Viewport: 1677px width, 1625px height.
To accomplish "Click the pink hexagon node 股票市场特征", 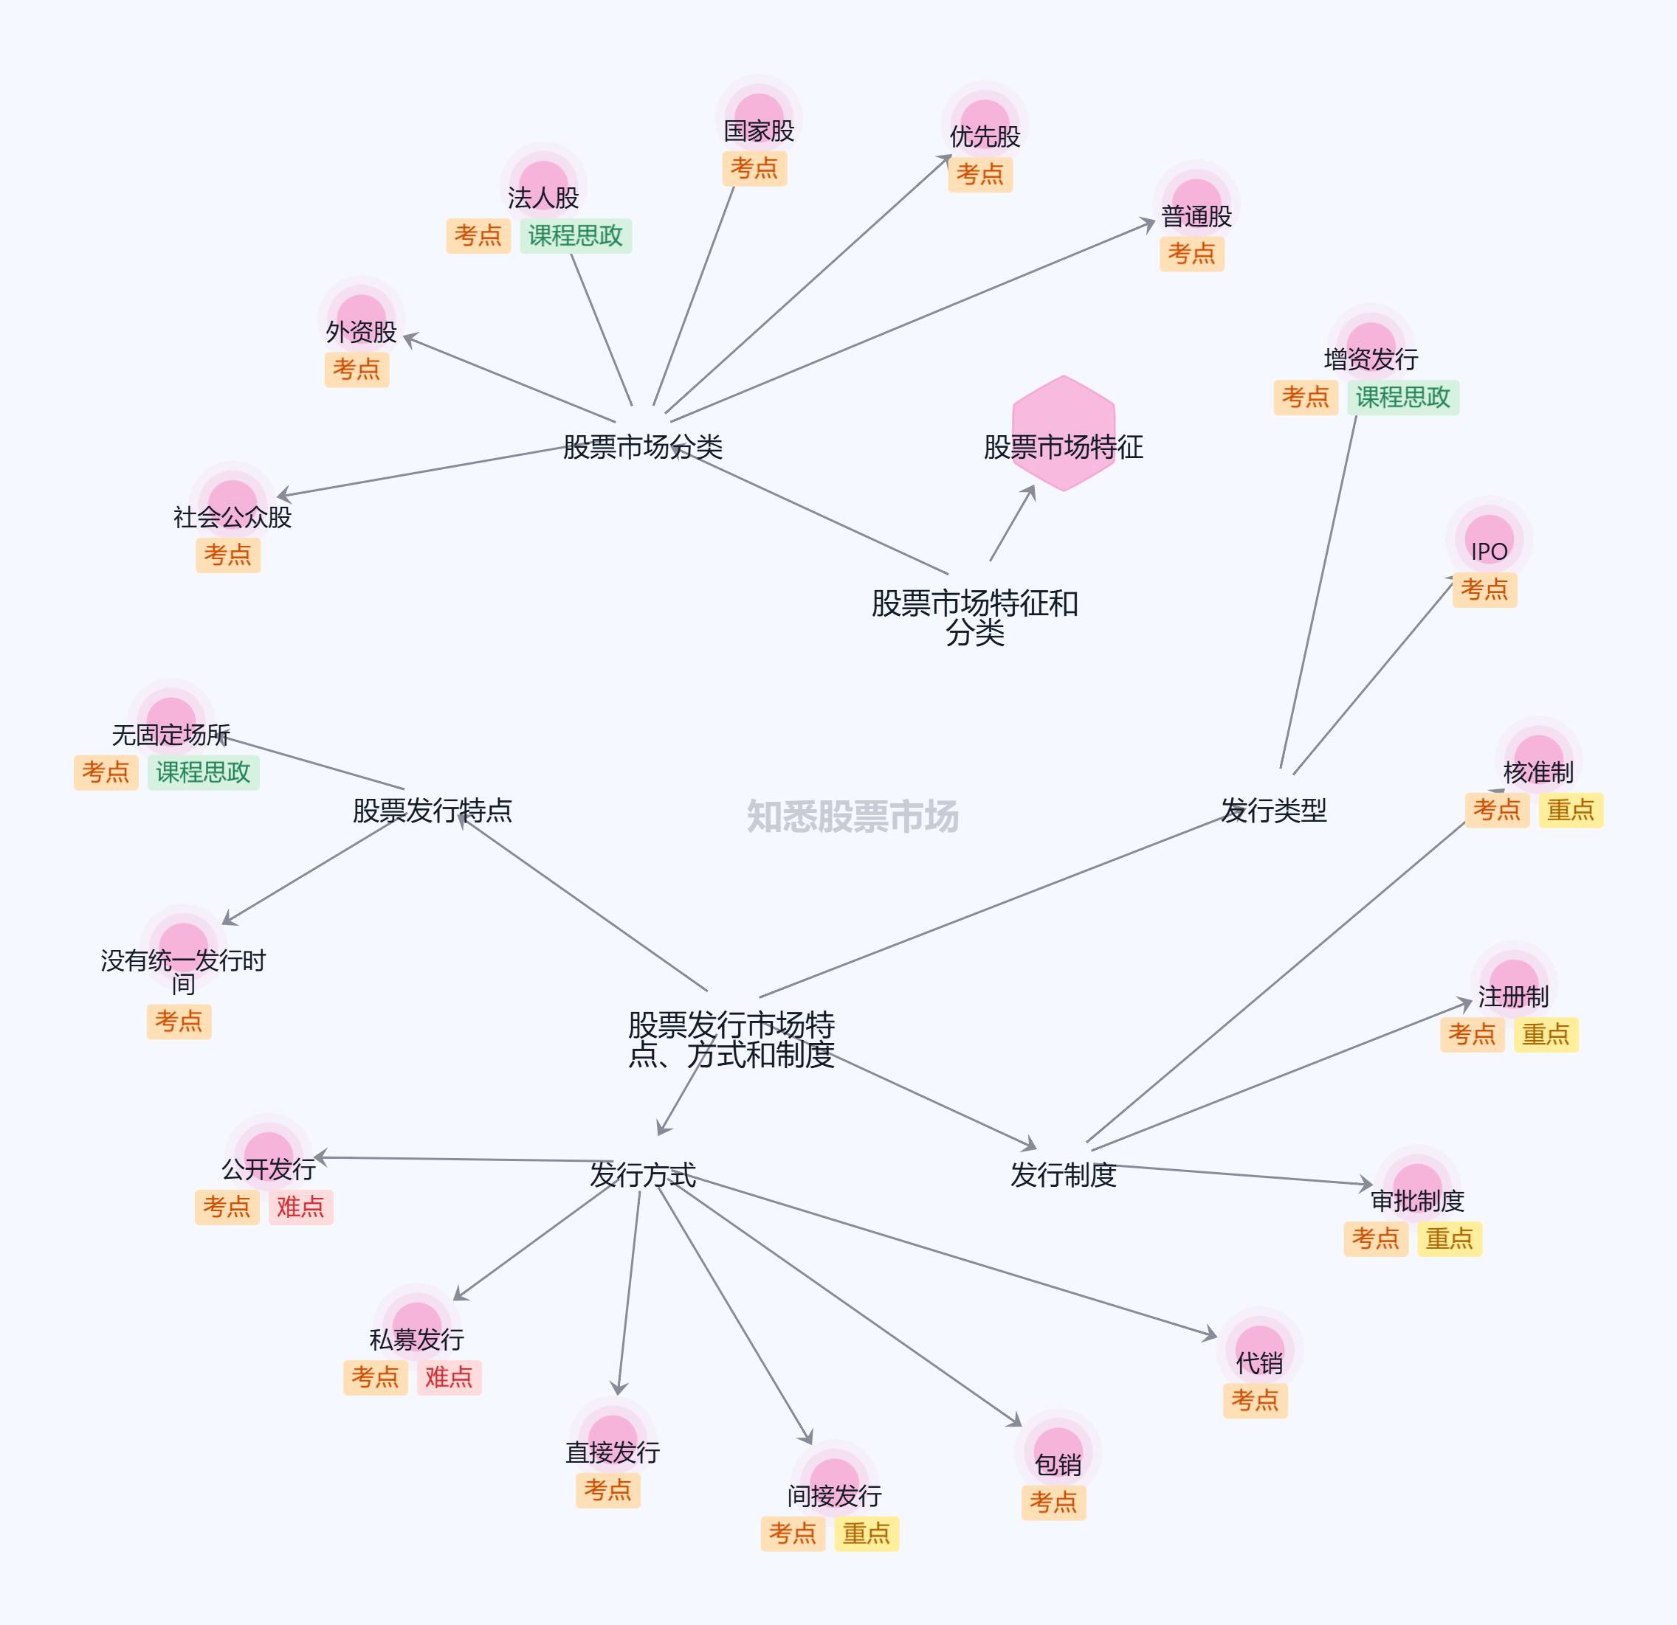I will pos(1063,434).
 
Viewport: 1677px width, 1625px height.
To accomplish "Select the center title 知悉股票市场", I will pos(853,816).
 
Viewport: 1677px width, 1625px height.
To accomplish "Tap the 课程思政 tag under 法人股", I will pos(575,236).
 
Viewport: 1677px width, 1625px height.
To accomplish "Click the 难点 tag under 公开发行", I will pos(300,1207).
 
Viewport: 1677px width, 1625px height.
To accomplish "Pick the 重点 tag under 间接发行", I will pos(866,1534).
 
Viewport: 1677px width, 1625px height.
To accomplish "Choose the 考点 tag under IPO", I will pos(1484,589).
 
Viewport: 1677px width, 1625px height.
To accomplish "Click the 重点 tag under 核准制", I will pos(1570,810).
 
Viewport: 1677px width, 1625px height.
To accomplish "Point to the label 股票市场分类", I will pos(643,446).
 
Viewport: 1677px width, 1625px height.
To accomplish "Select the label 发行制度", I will pos(1063,1175).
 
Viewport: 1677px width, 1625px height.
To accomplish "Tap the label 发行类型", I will pos(1273,810).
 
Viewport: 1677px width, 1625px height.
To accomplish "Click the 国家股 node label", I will pos(759,131).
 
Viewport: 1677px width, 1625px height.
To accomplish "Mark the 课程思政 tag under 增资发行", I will pos(1402,397).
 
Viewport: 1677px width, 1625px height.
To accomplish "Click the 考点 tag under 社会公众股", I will pos(227,555).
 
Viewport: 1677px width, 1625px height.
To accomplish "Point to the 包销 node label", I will pos(1058,1465).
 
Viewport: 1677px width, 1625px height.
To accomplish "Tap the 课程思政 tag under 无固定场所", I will pos(203,772).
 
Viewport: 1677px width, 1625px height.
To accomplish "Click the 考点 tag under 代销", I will pos(1254,1401).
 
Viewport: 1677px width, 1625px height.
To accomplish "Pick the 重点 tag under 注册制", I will pos(1545,1035).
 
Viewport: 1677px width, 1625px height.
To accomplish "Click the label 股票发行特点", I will pos(432,810).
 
